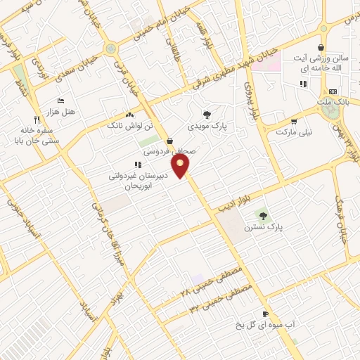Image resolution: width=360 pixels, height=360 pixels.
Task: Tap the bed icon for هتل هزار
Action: (x=59, y=101)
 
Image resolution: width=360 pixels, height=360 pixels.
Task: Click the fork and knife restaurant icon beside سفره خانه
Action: (x=37, y=120)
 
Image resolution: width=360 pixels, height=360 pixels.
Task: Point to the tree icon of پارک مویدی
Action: (x=206, y=115)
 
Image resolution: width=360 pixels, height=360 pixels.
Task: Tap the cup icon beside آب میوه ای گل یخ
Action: (x=264, y=314)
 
